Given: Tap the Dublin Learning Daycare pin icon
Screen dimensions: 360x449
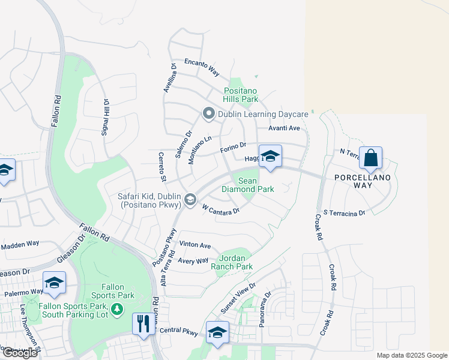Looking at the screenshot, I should [209, 113].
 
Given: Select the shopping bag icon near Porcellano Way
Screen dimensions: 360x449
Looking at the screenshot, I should [371, 158].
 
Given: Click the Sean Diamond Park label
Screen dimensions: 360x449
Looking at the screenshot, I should [248, 184].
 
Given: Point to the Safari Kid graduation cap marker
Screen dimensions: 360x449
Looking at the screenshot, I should [190, 200].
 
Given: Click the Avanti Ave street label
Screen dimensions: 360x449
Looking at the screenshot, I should [284, 128].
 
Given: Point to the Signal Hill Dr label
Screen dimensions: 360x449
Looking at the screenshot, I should [105, 117].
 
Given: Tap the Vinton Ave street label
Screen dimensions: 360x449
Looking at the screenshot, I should [195, 245].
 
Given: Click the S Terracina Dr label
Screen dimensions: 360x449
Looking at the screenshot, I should [344, 213].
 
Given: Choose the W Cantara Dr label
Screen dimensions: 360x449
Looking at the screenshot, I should [221, 209].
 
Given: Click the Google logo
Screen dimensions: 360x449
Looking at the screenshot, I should [20, 353].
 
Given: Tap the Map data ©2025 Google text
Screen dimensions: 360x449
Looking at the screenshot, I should [411, 355].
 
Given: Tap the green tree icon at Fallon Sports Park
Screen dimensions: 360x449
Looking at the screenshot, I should [118, 308].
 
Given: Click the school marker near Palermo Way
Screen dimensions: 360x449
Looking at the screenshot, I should [54, 283].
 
